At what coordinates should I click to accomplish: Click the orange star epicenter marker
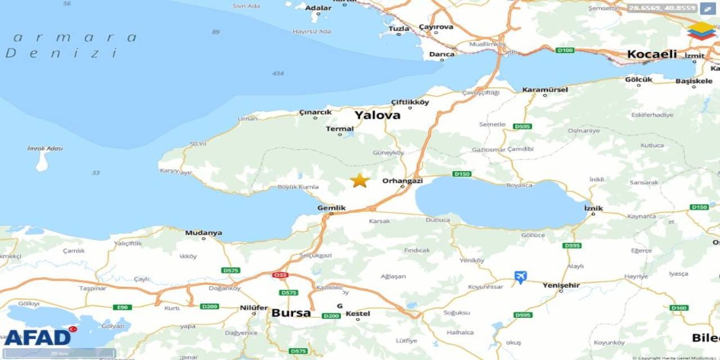click(359, 181)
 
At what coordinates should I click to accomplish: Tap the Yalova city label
click(377, 115)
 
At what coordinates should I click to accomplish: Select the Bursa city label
click(291, 313)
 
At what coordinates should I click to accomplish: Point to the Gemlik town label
click(331, 208)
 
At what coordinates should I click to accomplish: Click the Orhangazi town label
click(402, 181)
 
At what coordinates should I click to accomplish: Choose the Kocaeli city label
click(652, 55)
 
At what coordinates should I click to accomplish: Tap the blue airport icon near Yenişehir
click(520, 277)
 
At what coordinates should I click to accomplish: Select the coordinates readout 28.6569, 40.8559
click(662, 8)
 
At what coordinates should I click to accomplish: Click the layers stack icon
click(701, 31)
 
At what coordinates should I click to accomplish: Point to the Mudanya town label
click(203, 232)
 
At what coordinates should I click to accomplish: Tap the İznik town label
click(593, 208)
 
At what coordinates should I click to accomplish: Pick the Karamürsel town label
click(544, 89)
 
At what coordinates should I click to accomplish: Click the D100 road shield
click(564, 51)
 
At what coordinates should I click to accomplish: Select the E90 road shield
click(122, 307)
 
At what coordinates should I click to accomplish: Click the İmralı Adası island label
click(45, 148)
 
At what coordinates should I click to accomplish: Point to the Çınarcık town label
click(315, 112)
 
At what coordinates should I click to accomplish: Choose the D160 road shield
click(679, 308)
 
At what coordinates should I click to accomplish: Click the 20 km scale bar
click(59, 353)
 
